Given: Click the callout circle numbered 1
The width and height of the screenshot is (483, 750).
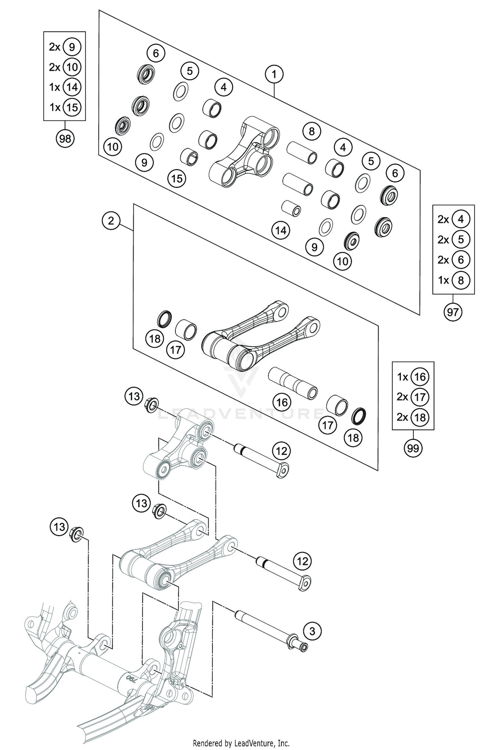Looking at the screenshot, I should (274, 74).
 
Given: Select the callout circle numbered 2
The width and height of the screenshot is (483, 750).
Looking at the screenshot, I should (111, 221).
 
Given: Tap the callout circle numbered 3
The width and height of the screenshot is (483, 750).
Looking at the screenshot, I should (312, 631).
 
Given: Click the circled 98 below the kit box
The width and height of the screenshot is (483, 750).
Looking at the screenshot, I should (65, 139).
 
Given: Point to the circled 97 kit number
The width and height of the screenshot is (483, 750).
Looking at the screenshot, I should (453, 312).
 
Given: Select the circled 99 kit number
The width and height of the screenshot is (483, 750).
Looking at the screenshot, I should (413, 448).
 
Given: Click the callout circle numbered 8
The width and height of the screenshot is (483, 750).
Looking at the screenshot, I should (311, 131).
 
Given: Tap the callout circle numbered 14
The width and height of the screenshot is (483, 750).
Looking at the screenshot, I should (280, 230).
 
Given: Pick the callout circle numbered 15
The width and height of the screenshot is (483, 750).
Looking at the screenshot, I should (177, 178).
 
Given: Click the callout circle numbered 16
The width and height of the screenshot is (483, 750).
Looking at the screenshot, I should (282, 402).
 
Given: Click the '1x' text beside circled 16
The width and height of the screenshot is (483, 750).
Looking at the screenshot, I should (402, 377).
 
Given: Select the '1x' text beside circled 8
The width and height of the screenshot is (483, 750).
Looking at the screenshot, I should (443, 280).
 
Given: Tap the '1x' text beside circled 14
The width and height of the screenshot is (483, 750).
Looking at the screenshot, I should (55, 87).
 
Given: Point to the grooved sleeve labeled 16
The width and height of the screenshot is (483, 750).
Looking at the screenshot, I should (293, 383).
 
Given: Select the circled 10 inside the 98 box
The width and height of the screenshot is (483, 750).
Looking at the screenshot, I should (72, 67).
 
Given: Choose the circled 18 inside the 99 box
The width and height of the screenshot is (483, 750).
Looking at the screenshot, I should (420, 417).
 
